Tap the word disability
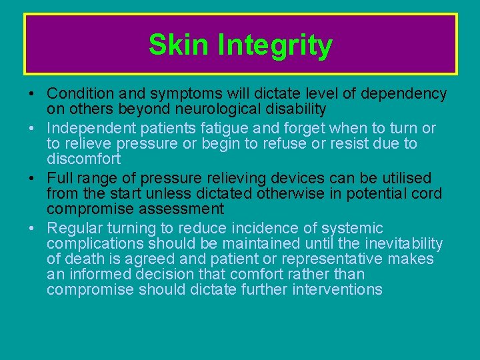[x=293, y=109]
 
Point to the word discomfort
[x=83, y=159]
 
